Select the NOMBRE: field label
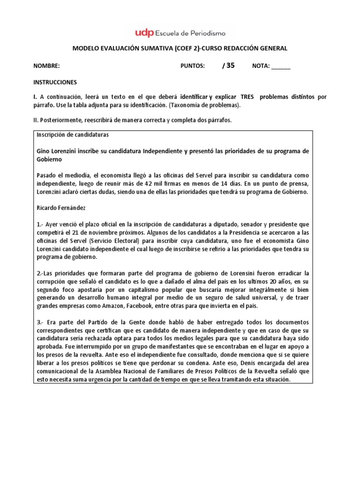click(x=46, y=66)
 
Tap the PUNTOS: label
click(x=193, y=66)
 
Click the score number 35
click(x=230, y=66)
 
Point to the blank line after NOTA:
click(x=281, y=66)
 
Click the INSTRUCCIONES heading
click(x=55, y=82)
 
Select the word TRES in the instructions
click(x=246, y=97)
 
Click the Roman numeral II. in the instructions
click(x=36, y=120)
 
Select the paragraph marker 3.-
click(x=40, y=322)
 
